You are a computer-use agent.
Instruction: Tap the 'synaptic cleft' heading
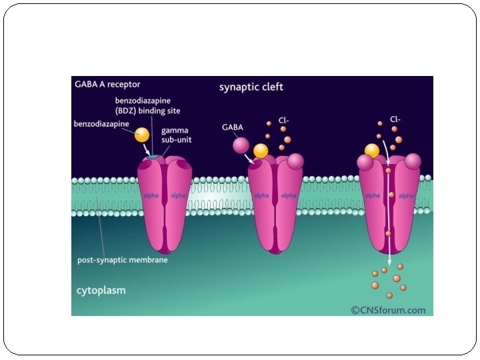tap(251, 87)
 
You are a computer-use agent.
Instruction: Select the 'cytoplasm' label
tap(101, 291)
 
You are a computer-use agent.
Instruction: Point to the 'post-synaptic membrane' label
tap(122, 260)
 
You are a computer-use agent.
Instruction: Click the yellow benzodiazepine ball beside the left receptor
tap(142, 134)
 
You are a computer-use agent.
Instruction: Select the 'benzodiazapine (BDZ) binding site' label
tap(147, 105)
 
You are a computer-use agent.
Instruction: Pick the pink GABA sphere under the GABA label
tap(241, 145)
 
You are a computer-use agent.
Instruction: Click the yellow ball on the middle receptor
tap(261, 151)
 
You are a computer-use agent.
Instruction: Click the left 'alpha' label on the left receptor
tap(150, 195)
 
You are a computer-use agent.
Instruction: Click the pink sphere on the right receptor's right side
tap(413, 161)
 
